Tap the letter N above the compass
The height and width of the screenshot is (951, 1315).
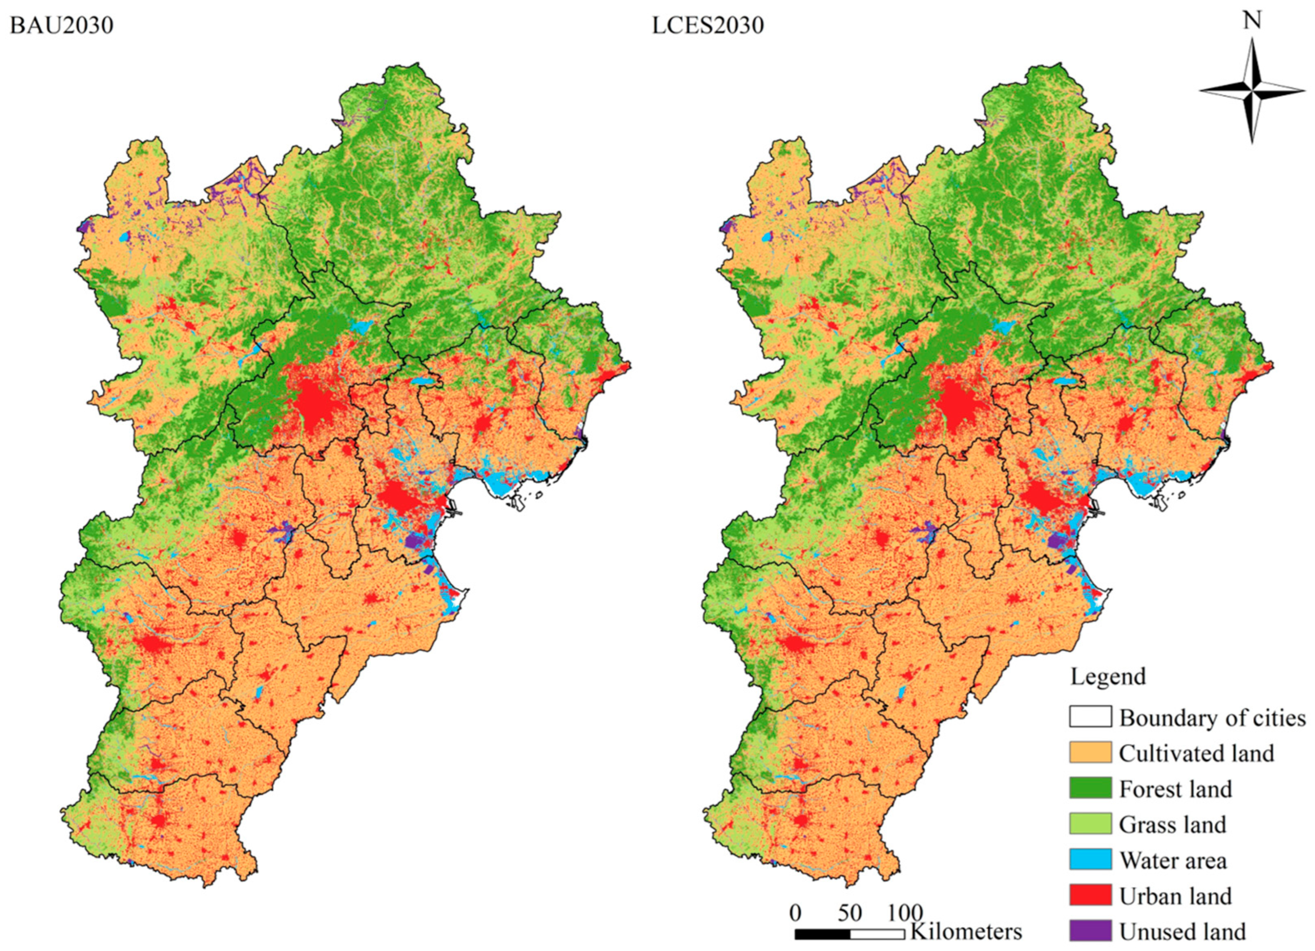coord(1253,20)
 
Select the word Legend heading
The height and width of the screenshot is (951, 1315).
coord(1108,677)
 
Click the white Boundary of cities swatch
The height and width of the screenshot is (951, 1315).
coord(1090,717)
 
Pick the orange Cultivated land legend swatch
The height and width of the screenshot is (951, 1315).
coord(1090,753)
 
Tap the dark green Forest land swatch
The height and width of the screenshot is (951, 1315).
coord(1090,788)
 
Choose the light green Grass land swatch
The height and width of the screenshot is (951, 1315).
coord(1090,824)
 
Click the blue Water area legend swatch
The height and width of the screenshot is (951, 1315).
coord(1090,859)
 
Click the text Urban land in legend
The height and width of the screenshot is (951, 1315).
coord(1175,896)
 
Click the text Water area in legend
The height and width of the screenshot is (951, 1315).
coord(1173,860)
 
